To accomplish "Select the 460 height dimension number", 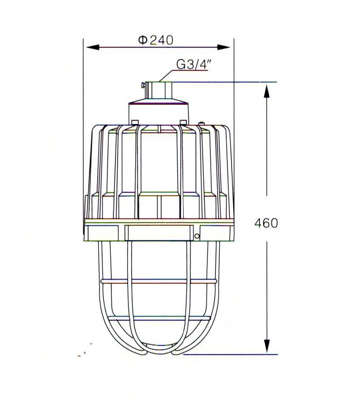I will [x=266, y=223].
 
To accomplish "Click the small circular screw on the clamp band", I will [x=197, y=235].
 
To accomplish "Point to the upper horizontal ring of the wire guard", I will [x=159, y=281].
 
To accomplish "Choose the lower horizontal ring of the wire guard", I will [x=159, y=318].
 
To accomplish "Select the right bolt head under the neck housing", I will [x=183, y=121].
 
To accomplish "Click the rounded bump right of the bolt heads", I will [x=201, y=123].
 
